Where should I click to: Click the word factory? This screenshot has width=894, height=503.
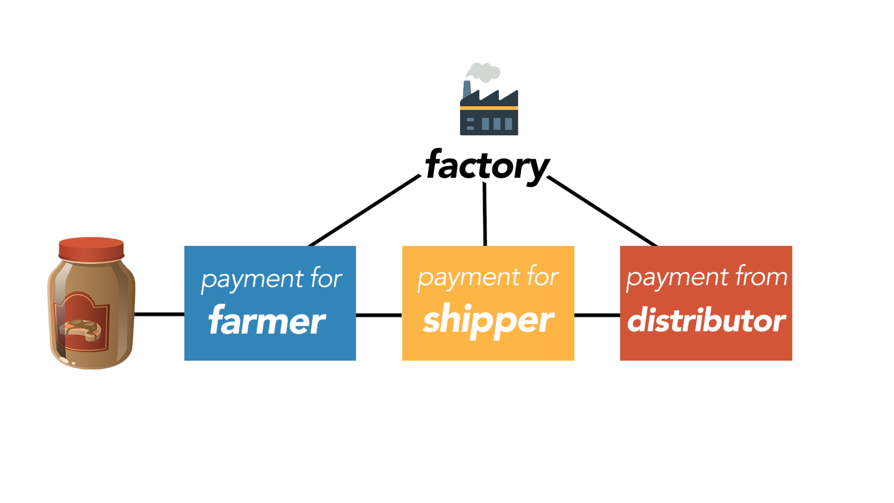point(487,165)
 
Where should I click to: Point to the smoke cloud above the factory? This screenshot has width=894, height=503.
point(483,72)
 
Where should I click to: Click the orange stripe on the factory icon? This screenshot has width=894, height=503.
point(489,108)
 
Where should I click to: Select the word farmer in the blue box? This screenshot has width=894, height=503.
point(267,321)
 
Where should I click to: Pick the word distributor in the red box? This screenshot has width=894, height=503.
point(706,321)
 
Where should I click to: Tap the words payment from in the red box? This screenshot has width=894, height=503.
point(706,277)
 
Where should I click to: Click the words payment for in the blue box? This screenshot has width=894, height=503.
point(271,279)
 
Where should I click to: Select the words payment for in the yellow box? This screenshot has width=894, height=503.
point(488,277)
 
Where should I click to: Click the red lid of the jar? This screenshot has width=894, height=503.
point(91,249)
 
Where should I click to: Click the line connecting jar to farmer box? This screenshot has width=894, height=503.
point(159,314)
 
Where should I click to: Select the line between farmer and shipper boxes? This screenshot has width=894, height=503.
point(379,315)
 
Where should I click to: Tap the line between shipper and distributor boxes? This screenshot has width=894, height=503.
point(597,315)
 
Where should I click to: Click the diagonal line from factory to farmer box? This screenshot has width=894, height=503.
point(364,210)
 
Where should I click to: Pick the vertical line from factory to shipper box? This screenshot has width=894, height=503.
point(485,215)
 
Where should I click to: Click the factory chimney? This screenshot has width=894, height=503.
point(467,88)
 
